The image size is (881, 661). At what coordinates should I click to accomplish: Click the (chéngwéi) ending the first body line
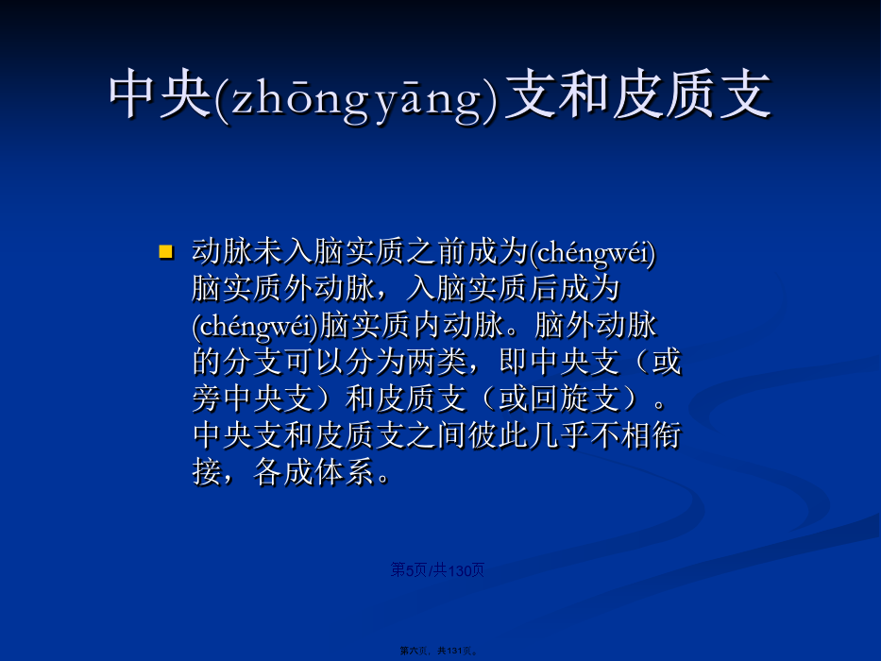tap(593, 252)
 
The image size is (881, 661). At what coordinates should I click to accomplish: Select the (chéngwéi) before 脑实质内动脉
tap(256, 326)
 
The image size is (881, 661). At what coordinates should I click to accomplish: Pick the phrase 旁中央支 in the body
tap(252, 399)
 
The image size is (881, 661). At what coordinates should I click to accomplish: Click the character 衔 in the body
tap(667, 435)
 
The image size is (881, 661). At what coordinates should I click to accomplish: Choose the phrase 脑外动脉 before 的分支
tap(596, 326)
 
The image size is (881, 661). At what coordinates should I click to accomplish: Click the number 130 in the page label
tap(460, 570)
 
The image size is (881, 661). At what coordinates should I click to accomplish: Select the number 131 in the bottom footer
tap(454, 651)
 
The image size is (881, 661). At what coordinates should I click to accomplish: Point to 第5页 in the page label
tap(409, 570)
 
